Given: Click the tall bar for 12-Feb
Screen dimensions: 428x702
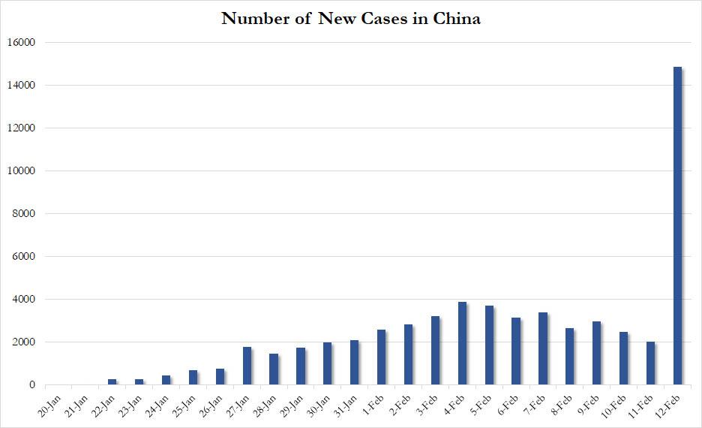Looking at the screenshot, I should coord(677,225).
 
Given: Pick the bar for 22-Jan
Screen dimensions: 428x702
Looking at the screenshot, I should coord(112,382).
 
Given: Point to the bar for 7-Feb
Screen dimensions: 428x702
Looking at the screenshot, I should coord(542,348).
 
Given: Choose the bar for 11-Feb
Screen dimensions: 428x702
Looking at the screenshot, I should coord(650,363).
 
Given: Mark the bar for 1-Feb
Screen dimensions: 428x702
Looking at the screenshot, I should coord(381,357).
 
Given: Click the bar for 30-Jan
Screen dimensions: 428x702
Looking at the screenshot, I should coord(327,363).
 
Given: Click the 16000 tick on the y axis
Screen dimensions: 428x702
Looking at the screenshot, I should coord(21,43).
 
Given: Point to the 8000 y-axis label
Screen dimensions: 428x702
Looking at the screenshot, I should coord(23,214).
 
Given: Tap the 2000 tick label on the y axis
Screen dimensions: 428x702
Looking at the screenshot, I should coord(23,342).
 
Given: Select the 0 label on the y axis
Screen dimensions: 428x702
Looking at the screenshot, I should coord(32,385).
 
